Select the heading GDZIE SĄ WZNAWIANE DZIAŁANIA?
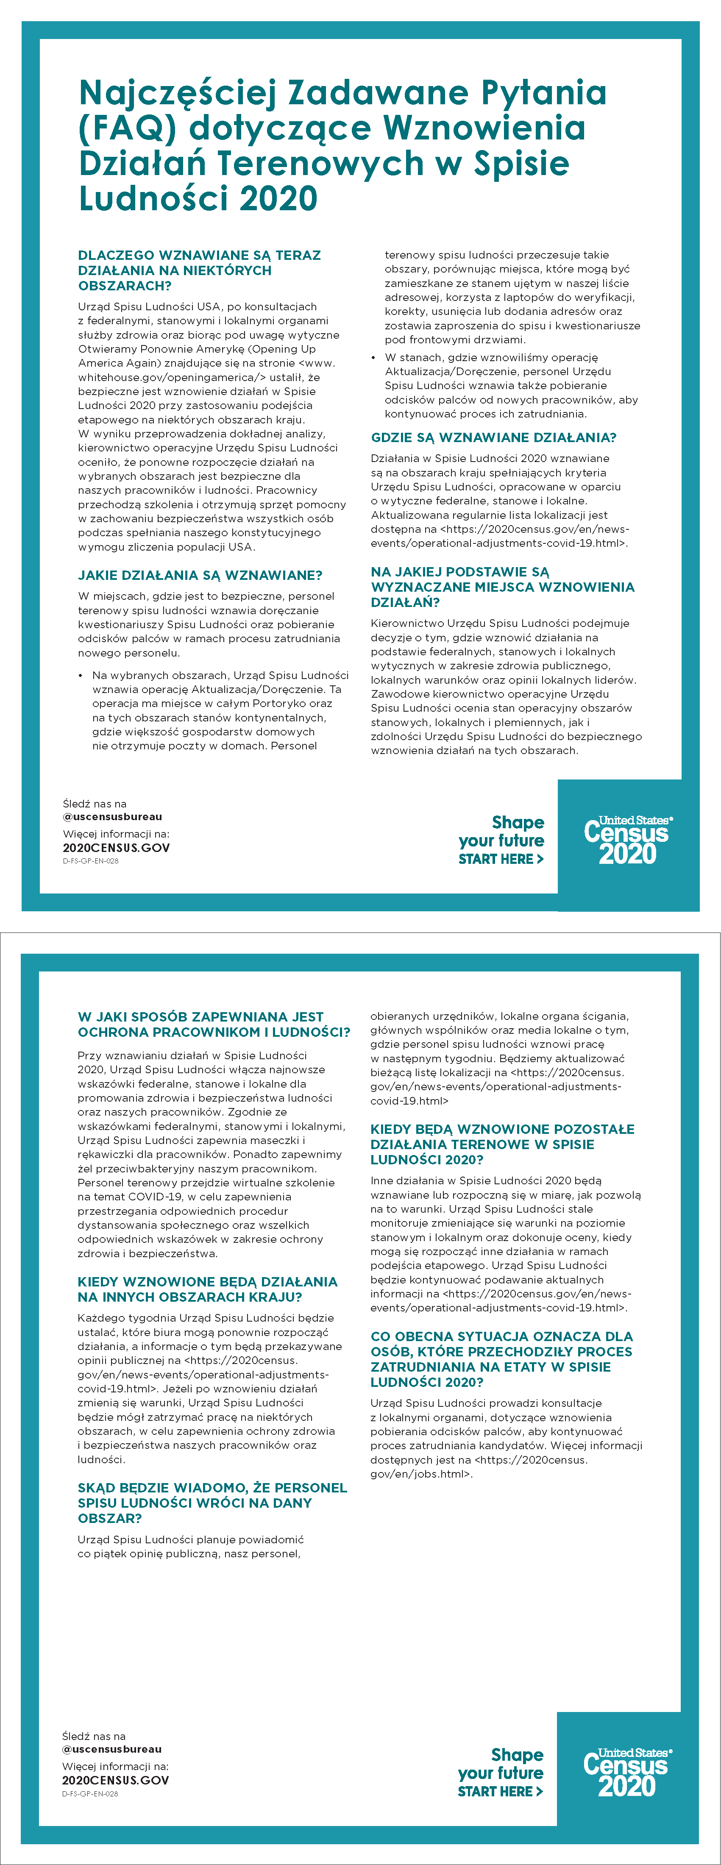[493, 437]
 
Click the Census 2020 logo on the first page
[628, 840]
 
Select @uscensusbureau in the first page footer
[112, 817]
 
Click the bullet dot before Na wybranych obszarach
[81, 676]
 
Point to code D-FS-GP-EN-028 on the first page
[90, 861]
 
